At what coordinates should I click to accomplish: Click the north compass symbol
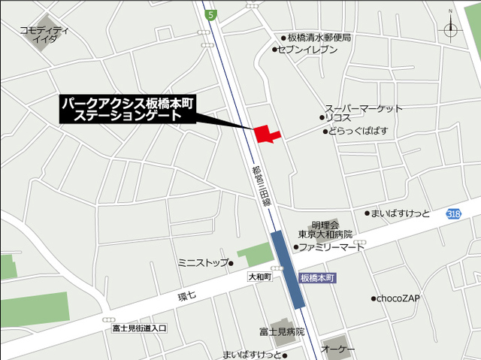pos(451,29)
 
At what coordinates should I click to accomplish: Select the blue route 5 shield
pos(212,14)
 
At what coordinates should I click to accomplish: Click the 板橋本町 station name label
pos(316,277)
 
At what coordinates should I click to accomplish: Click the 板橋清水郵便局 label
pos(319,38)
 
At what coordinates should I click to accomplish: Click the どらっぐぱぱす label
pos(358,132)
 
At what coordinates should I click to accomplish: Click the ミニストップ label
pos(203,262)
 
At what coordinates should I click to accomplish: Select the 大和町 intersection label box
pos(259,277)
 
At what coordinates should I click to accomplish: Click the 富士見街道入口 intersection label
pos(139,328)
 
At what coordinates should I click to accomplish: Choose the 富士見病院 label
pos(282,331)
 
